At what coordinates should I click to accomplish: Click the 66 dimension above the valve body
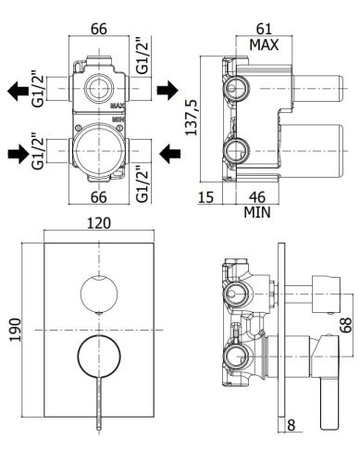[97, 28]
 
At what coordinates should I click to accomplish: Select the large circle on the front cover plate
[96, 356]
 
